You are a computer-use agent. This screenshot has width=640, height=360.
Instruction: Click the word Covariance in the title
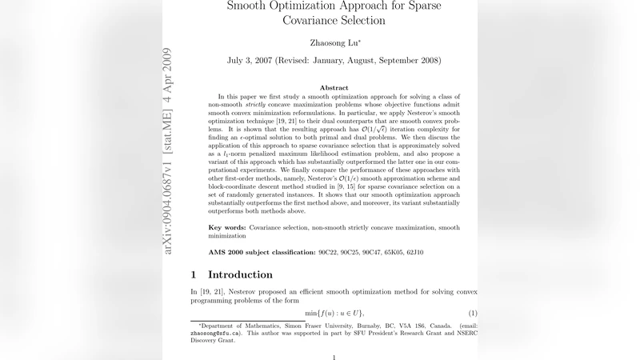click(314, 20)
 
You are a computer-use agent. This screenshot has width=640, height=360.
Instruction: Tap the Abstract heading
click(334, 88)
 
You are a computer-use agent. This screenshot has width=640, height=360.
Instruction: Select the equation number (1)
click(473, 313)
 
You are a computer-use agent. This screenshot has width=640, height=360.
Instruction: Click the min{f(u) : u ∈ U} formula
click(334, 313)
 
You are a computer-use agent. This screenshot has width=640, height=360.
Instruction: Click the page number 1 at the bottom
click(334, 357)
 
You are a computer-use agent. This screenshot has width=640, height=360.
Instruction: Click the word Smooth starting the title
click(250, 6)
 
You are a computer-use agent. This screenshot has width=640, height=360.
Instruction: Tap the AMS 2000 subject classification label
click(261, 253)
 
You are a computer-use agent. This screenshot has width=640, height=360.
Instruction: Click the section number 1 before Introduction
click(194, 274)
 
